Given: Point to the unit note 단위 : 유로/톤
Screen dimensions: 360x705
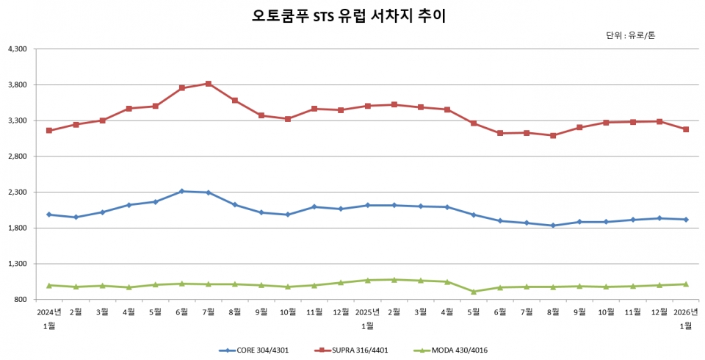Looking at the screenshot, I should tap(630, 35).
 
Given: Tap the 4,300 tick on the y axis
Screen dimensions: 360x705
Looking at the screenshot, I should tap(17, 49).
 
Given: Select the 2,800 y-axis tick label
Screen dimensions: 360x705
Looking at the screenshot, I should tap(17, 156).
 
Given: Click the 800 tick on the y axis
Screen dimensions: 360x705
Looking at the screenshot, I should tap(21, 300).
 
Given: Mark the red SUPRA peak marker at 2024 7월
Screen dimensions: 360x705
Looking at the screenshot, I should tap(209, 84).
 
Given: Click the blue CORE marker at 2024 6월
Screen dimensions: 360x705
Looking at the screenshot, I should tap(182, 191).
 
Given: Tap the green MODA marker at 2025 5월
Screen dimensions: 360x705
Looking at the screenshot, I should tap(474, 292).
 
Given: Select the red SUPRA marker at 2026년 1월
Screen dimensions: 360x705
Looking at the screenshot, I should tap(686, 129).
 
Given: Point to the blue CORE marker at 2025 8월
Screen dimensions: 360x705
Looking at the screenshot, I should tap(553, 226).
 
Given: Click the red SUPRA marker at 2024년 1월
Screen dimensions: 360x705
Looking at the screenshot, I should tap(49, 131).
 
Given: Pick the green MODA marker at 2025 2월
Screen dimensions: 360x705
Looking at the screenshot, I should tap(394, 280).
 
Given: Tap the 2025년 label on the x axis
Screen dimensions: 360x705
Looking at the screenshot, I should tap(367, 312).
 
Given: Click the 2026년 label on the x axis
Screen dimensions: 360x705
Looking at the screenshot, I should tap(686, 312).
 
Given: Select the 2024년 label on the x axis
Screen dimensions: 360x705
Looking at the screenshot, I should tap(49, 312).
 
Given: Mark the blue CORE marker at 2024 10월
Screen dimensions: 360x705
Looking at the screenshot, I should tap(288, 215).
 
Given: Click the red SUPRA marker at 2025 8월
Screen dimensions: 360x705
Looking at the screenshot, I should tap(553, 135).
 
